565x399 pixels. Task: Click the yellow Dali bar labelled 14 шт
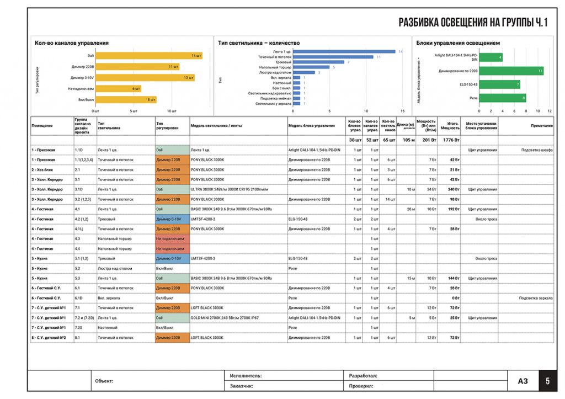click(149, 56)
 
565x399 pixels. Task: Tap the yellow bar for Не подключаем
click(118, 89)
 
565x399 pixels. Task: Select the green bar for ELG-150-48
click(500, 84)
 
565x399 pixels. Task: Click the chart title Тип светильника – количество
click(259, 43)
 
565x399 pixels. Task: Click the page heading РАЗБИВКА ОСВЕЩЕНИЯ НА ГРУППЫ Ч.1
click(473, 23)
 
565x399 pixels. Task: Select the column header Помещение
click(42, 126)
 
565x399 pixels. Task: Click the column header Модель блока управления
click(311, 126)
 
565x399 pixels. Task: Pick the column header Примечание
click(542, 126)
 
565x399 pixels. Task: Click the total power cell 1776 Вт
click(450, 140)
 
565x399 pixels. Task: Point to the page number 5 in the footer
click(547, 381)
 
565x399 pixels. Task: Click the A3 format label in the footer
click(523, 381)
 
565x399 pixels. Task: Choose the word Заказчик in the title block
click(241, 386)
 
